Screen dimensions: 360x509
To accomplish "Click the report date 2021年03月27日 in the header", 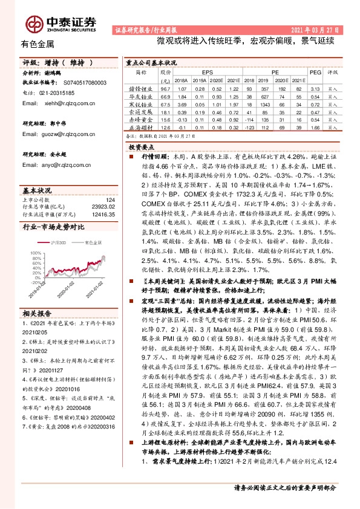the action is (x=315, y=30).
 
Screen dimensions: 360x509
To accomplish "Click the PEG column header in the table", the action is (x=314, y=71).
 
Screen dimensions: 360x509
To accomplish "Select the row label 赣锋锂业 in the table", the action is (x=139, y=88).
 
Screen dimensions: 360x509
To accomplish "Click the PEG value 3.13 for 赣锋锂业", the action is (x=314, y=88).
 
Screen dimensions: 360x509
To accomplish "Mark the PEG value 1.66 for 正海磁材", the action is (x=314, y=128).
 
